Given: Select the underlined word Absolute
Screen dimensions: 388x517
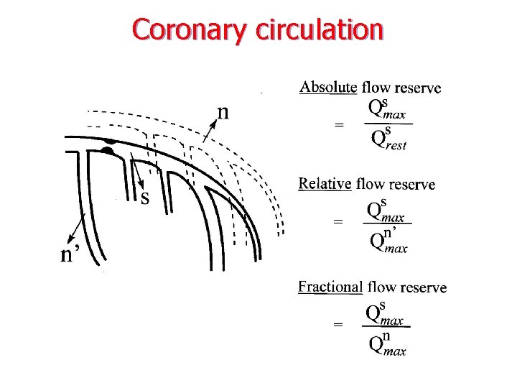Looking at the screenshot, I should [x=327, y=88].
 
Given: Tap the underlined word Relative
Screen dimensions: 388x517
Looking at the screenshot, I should [x=325, y=184].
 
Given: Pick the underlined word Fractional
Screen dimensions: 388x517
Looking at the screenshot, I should [x=330, y=287].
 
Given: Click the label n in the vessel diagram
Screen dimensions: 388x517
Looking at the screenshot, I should [x=224, y=112].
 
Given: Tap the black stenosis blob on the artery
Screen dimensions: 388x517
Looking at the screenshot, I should [x=108, y=150].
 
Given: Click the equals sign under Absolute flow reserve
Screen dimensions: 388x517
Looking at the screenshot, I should [x=339, y=124].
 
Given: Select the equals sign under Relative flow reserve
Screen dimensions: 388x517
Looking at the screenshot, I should [x=338, y=222].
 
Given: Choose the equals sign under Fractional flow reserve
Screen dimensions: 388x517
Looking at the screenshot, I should [x=338, y=325].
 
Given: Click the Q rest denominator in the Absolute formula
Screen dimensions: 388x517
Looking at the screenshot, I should [x=388, y=139].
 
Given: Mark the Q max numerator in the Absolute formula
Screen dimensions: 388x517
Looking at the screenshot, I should [x=387, y=109].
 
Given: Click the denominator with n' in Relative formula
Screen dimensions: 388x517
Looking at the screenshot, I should [x=388, y=241].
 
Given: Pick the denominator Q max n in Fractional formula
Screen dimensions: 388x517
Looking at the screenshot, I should [x=387, y=344].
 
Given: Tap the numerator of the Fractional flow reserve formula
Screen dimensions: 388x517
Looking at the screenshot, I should [x=385, y=314].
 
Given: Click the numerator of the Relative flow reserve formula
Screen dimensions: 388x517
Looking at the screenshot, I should [x=386, y=210].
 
